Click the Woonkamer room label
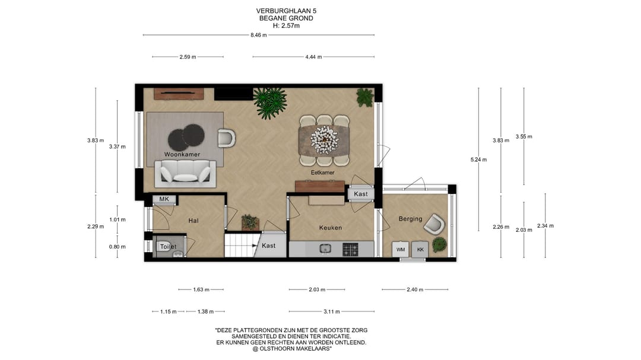(182, 154)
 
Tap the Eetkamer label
(322, 173)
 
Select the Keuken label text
(331, 228)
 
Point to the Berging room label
(411, 219)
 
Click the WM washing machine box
(401, 249)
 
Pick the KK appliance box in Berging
(420, 249)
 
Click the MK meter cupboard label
(164, 199)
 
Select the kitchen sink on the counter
(325, 249)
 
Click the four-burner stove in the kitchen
(350, 249)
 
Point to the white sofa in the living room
(185, 173)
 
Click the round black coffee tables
(186, 138)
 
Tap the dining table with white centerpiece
(325, 140)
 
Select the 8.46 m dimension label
(259, 35)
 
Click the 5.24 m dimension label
(479, 160)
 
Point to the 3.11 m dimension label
(332, 311)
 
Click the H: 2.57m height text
(286, 26)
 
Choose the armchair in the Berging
(434, 224)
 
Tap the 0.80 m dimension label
(118, 247)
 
